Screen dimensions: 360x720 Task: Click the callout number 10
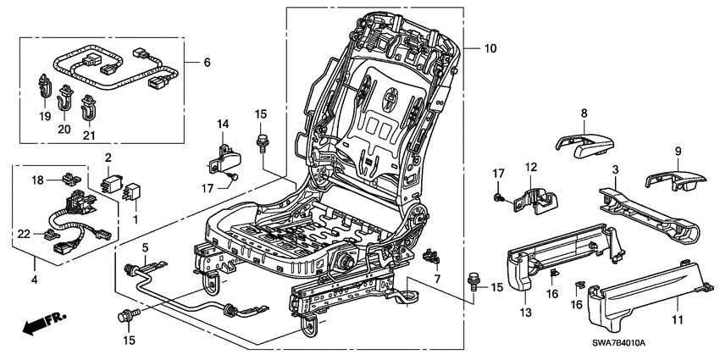pyautogui.click(x=491, y=49)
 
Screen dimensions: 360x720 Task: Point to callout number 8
pyautogui.click(x=584, y=112)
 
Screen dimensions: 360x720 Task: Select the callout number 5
pyautogui.click(x=145, y=247)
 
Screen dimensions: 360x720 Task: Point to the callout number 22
pyautogui.click(x=25, y=232)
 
